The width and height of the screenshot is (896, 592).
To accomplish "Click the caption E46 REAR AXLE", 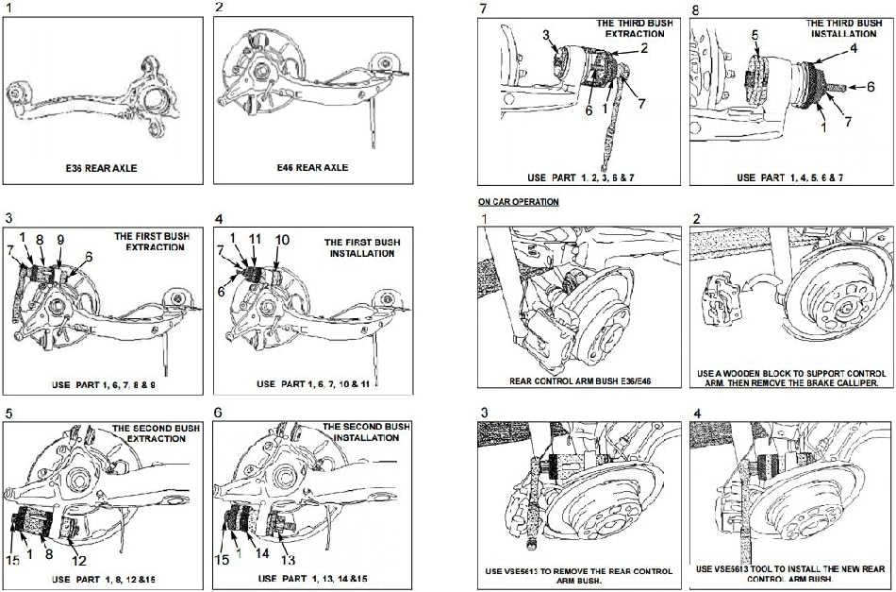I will (311, 167).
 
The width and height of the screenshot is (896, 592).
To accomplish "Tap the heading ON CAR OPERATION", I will (518, 202).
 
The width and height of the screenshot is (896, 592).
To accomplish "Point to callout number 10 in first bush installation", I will (282, 240).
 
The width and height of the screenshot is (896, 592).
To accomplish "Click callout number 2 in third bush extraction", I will (644, 46).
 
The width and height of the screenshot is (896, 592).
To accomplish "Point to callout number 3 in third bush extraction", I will (545, 35).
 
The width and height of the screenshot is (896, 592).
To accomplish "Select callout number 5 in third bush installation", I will (755, 35).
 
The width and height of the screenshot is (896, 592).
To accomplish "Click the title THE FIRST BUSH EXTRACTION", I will (148, 242).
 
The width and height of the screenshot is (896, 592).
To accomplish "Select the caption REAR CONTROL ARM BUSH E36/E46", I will (578, 381).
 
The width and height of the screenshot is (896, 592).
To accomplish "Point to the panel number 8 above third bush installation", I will (695, 9).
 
